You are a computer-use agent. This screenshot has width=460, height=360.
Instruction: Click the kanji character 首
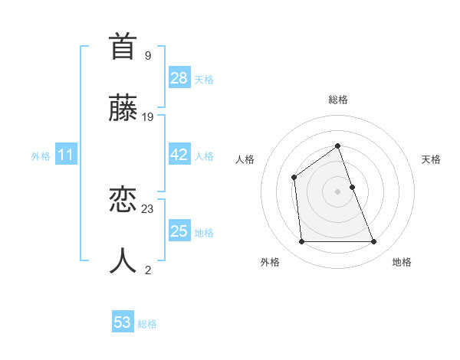[123, 47]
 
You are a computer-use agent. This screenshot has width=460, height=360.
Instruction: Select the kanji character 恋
[123, 201]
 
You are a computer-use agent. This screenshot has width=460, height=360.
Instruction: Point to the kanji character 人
[123, 260]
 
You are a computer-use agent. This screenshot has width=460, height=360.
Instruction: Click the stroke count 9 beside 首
[148, 55]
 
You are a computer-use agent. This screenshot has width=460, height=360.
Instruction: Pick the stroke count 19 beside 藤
[148, 116]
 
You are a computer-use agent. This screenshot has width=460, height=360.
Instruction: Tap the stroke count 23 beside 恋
[148, 209]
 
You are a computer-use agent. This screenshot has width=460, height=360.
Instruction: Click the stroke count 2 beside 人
[148, 270]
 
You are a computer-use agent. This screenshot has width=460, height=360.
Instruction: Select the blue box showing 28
[179, 78]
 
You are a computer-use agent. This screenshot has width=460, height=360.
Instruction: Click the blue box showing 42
[179, 155]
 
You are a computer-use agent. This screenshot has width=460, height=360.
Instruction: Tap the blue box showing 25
[179, 231]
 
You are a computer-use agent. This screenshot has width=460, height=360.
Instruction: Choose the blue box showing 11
[66, 155]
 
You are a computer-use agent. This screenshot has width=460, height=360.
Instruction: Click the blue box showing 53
[123, 322]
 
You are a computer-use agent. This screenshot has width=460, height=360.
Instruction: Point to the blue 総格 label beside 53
[147, 324]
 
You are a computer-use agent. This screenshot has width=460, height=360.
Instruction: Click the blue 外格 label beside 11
[41, 156]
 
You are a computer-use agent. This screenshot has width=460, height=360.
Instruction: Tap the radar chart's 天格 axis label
[431, 159]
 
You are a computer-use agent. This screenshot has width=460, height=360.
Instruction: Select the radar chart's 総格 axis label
[337, 100]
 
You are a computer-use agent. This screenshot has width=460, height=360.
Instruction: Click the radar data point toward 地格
[374, 242]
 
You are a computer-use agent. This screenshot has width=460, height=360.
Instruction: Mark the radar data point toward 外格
[301, 242]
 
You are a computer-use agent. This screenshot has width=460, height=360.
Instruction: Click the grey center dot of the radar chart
[337, 191]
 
